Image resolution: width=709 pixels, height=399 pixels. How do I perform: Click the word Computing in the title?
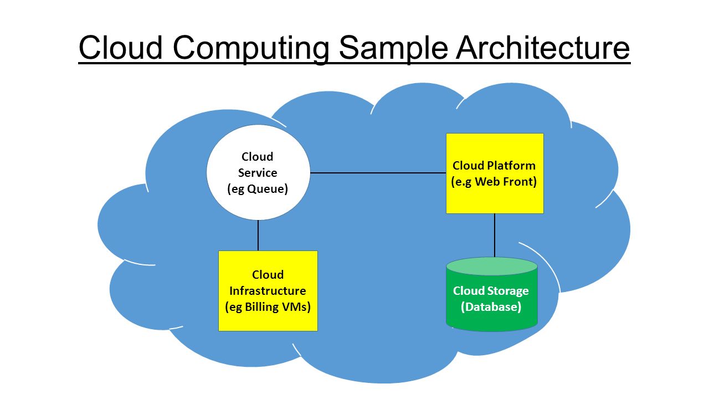[x=251, y=48]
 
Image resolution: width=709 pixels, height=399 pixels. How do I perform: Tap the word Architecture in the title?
[x=543, y=48]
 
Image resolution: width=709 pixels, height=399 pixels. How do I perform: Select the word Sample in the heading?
[x=393, y=48]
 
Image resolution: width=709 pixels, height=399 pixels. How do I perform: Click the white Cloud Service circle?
[x=258, y=172]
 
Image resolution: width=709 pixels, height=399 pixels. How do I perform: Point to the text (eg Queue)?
[x=258, y=189]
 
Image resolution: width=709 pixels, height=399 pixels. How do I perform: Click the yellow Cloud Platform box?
[x=495, y=173]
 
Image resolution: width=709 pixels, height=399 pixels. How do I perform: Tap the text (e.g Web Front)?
[x=494, y=182]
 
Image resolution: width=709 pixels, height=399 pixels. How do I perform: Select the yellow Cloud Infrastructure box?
[x=268, y=291]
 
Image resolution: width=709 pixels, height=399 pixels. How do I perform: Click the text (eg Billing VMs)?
[x=268, y=307]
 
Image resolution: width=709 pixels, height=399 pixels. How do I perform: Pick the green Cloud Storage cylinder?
[x=492, y=294]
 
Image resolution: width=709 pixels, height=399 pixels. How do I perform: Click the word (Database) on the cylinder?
[x=491, y=307]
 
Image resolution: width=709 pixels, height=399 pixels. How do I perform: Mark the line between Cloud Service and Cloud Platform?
[x=378, y=173]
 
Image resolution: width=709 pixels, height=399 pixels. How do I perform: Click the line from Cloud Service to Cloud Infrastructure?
[x=258, y=236]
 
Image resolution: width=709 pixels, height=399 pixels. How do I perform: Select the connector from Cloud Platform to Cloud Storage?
[x=495, y=236]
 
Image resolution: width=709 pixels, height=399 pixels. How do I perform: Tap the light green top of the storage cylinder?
[x=492, y=266]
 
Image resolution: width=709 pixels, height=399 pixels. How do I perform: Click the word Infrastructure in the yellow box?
[x=268, y=291]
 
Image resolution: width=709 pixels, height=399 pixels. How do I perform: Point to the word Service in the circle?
[x=258, y=172]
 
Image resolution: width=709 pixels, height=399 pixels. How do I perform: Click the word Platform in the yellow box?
[x=511, y=166]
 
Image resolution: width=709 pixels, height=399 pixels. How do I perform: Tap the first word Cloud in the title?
[x=120, y=48]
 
